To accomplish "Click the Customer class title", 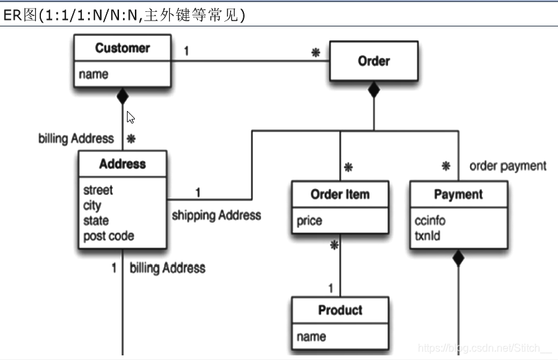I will point(122,48).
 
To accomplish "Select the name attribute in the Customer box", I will point(94,75).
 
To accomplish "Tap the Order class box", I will point(374,61).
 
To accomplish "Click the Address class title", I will point(122,164).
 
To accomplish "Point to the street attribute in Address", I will point(98,190).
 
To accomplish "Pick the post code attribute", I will point(108,236).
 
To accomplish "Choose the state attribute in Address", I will point(96,221).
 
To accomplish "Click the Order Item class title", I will point(340,195).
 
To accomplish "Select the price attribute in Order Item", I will point(309,221).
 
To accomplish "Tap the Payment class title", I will point(458,195).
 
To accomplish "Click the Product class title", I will point(340,310).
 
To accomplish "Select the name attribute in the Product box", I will point(311,336).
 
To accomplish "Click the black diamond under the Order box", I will point(374,90).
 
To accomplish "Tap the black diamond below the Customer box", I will point(122,97).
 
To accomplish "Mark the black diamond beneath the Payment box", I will point(458,259).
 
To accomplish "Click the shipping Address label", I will point(216,215).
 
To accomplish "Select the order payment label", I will point(508,166).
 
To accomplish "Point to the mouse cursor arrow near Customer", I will point(130,118).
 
